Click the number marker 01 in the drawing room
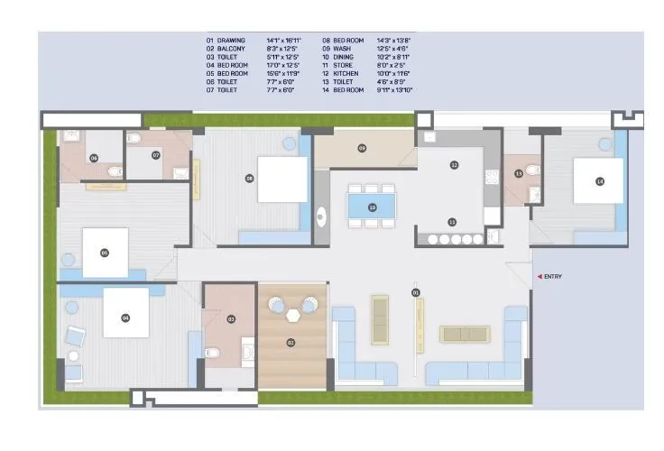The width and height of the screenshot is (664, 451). [x=415, y=292]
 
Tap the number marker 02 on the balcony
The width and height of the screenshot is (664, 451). [x=290, y=343]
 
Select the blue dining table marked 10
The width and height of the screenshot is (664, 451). [x=372, y=207]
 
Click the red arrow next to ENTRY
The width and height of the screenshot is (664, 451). [x=539, y=276]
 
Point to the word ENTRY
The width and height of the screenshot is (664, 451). [x=553, y=276]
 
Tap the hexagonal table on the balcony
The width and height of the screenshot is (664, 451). [x=292, y=315]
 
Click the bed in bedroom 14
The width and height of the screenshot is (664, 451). [x=600, y=181]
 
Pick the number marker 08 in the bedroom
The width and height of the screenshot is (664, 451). [x=249, y=179]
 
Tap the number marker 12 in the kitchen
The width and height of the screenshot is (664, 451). [x=454, y=165]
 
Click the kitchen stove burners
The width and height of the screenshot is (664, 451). [x=455, y=240]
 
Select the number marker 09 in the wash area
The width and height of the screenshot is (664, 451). [x=362, y=148]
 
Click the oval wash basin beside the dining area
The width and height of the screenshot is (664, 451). [x=321, y=216]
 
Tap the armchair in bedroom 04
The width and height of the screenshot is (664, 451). [x=75, y=338]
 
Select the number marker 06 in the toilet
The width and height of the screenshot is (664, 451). [x=94, y=157]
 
